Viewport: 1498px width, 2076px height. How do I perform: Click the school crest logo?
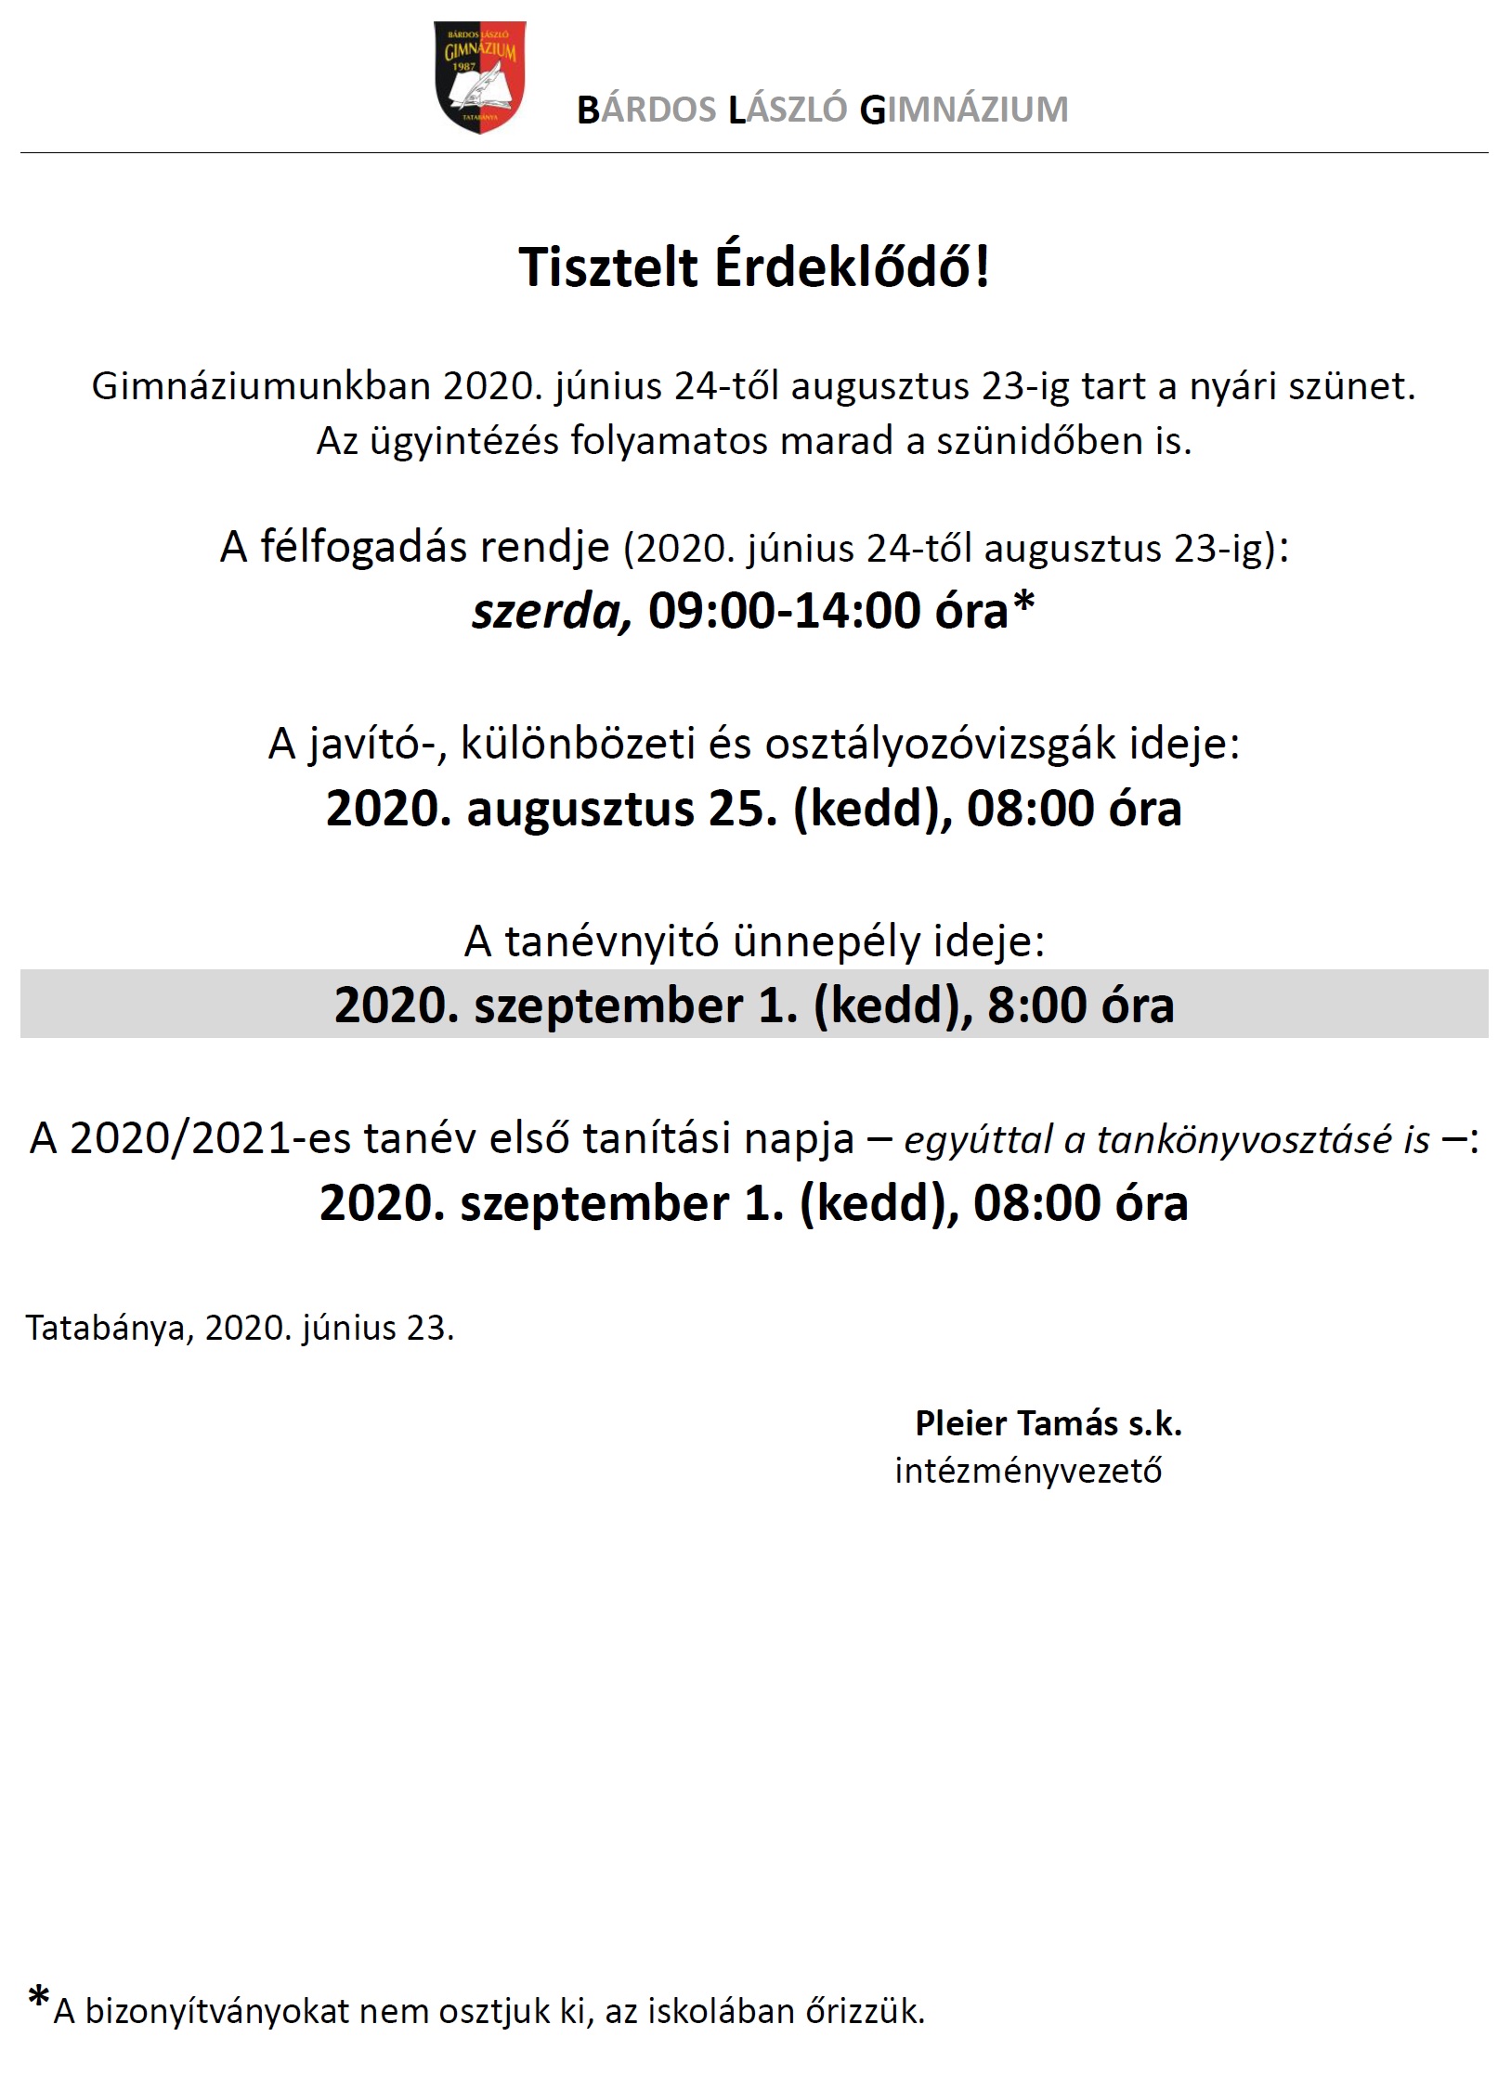(x=480, y=77)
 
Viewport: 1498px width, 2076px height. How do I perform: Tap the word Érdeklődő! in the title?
(x=852, y=267)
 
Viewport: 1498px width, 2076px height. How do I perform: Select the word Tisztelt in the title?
(x=607, y=267)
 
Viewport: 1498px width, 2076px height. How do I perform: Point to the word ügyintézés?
(x=463, y=441)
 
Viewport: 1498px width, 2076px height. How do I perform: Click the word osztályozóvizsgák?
(x=941, y=744)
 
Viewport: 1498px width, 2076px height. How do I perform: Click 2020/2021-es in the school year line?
(x=209, y=1139)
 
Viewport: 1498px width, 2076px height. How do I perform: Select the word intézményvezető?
(x=1027, y=1471)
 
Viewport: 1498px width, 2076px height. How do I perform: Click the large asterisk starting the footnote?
(x=38, y=1995)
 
